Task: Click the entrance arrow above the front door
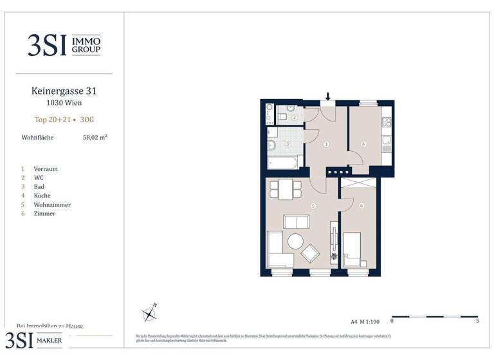coord(328,97)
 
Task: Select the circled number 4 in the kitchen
coord(363,144)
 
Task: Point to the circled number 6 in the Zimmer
coord(361,206)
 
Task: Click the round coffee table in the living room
coord(296,242)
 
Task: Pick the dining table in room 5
coord(285,189)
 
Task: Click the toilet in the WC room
coord(284,117)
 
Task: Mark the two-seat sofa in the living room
coord(296,222)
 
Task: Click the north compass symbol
coord(150,313)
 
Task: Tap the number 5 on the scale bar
coord(477,320)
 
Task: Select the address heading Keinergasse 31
coord(64,92)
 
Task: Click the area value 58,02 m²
coord(95,137)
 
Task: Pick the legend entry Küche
coord(44,195)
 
